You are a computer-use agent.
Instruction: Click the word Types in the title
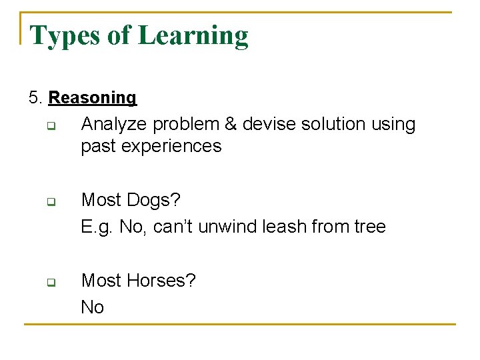(x=63, y=35)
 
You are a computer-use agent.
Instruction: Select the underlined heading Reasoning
(x=93, y=98)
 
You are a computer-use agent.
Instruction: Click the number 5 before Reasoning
(x=34, y=98)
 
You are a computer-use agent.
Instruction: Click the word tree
(x=370, y=227)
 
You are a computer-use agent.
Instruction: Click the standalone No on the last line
(x=93, y=307)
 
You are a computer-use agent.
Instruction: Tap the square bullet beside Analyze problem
(x=51, y=125)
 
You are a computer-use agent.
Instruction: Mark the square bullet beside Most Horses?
(x=51, y=281)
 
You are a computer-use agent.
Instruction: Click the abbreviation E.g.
(x=97, y=227)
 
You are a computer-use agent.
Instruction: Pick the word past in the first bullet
(x=98, y=146)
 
